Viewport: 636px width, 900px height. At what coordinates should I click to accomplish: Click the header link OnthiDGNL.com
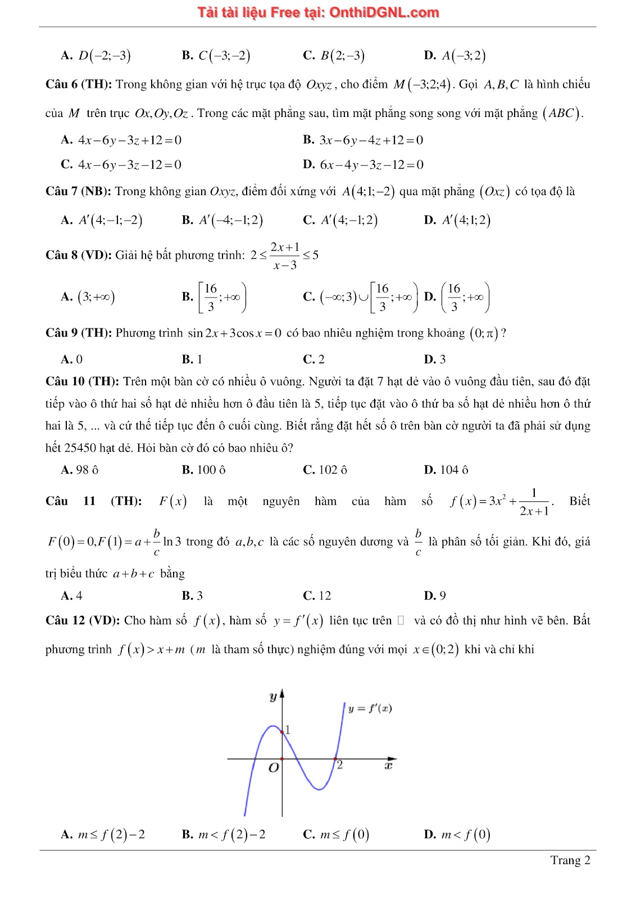384,12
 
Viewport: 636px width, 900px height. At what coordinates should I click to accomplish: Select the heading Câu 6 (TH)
79,84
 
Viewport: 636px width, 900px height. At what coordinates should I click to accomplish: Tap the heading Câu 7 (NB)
78,191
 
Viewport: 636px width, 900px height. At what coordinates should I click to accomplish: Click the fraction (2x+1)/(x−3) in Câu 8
285,255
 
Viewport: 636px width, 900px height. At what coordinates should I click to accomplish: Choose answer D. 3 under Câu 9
434,359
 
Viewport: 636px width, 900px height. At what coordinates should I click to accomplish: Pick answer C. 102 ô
325,470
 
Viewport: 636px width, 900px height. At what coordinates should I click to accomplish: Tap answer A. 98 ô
79,470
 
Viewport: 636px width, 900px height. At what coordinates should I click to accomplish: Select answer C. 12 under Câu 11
317,595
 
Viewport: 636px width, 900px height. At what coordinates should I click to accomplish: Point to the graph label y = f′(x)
369,709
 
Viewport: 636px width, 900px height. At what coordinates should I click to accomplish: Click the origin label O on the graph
273,768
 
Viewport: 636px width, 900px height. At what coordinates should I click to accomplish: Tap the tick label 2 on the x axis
339,765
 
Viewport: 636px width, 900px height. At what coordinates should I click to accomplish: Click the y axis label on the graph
273,697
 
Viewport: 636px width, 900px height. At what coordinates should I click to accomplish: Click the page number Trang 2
570,860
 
